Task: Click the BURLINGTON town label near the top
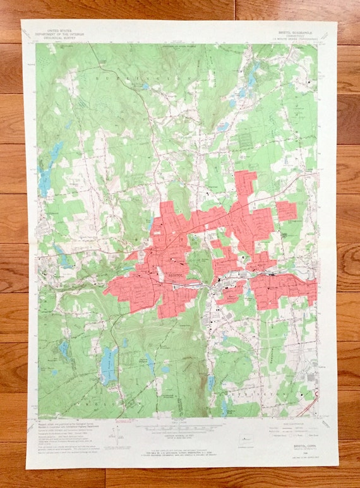158,76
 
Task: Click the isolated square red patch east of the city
287,211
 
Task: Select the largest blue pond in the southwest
108,365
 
